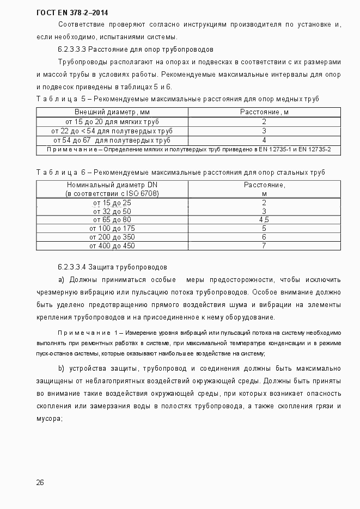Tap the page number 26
pyautogui.click(x=40, y=482)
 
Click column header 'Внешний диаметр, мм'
pyautogui.click(x=112, y=112)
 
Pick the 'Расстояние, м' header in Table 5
pyautogui.click(x=264, y=112)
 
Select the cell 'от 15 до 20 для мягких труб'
pyautogui.click(x=112, y=121)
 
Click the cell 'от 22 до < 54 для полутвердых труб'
pyautogui.click(x=112, y=131)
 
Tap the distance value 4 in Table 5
pyautogui.click(x=264, y=140)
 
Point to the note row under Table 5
pyautogui.click(x=188, y=149)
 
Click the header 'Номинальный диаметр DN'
pyautogui.click(x=112, y=185)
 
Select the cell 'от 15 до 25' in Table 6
pyautogui.click(x=112, y=203)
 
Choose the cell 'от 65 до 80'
pyautogui.click(x=112, y=220)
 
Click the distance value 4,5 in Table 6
pyautogui.click(x=264, y=220)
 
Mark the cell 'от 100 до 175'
pyautogui.click(x=112, y=229)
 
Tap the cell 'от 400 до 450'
pyautogui.click(x=112, y=246)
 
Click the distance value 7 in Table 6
pyautogui.click(x=264, y=246)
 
